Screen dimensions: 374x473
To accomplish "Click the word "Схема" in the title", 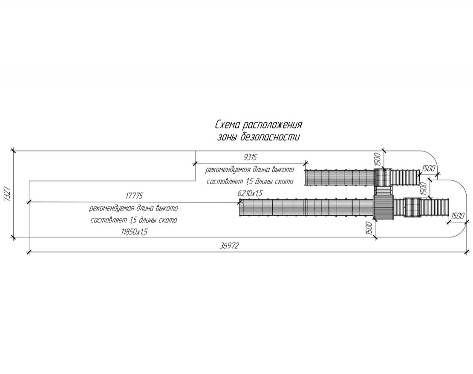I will (227, 125).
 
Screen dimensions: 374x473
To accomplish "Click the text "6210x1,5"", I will (251, 193).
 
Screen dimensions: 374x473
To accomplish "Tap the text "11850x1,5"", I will (135, 232).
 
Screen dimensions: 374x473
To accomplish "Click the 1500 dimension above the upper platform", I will (378, 159).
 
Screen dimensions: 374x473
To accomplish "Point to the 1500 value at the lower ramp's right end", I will (457, 216).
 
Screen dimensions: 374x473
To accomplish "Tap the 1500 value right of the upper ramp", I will (428, 168).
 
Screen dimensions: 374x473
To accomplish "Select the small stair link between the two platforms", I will (383, 190).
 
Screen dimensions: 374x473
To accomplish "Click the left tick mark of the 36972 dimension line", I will (29, 252).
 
